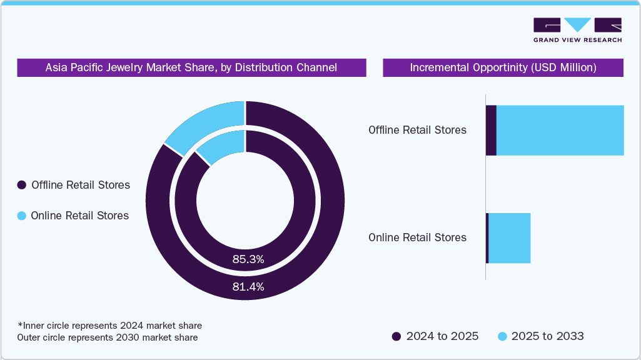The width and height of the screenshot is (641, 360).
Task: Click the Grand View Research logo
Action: (577, 30)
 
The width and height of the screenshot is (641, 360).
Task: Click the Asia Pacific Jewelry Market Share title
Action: (191, 67)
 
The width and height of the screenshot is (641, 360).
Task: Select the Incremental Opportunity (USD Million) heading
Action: (503, 67)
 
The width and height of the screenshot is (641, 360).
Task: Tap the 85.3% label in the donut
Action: (248, 259)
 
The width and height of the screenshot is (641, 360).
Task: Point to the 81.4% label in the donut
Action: (248, 287)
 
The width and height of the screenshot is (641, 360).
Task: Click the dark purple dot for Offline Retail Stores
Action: (22, 185)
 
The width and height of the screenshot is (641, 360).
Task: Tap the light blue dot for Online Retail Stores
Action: (22, 216)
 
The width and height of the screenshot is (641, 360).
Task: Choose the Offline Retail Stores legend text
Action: (81, 185)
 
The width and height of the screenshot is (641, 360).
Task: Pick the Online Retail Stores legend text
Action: (80, 216)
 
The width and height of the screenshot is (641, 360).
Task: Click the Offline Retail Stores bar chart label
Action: (417, 130)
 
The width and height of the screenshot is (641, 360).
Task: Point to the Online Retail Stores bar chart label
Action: (417, 237)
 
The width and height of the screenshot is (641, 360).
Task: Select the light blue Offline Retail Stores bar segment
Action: (560, 130)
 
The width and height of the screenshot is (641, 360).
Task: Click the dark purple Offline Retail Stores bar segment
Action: (491, 130)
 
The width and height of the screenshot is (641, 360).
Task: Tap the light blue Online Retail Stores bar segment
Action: (509, 237)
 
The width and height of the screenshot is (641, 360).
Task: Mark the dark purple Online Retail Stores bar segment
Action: (487, 237)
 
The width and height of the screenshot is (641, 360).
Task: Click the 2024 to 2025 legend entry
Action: (435, 336)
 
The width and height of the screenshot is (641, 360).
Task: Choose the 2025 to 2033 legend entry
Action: (540, 336)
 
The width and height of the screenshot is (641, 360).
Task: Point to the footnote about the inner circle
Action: (109, 326)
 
